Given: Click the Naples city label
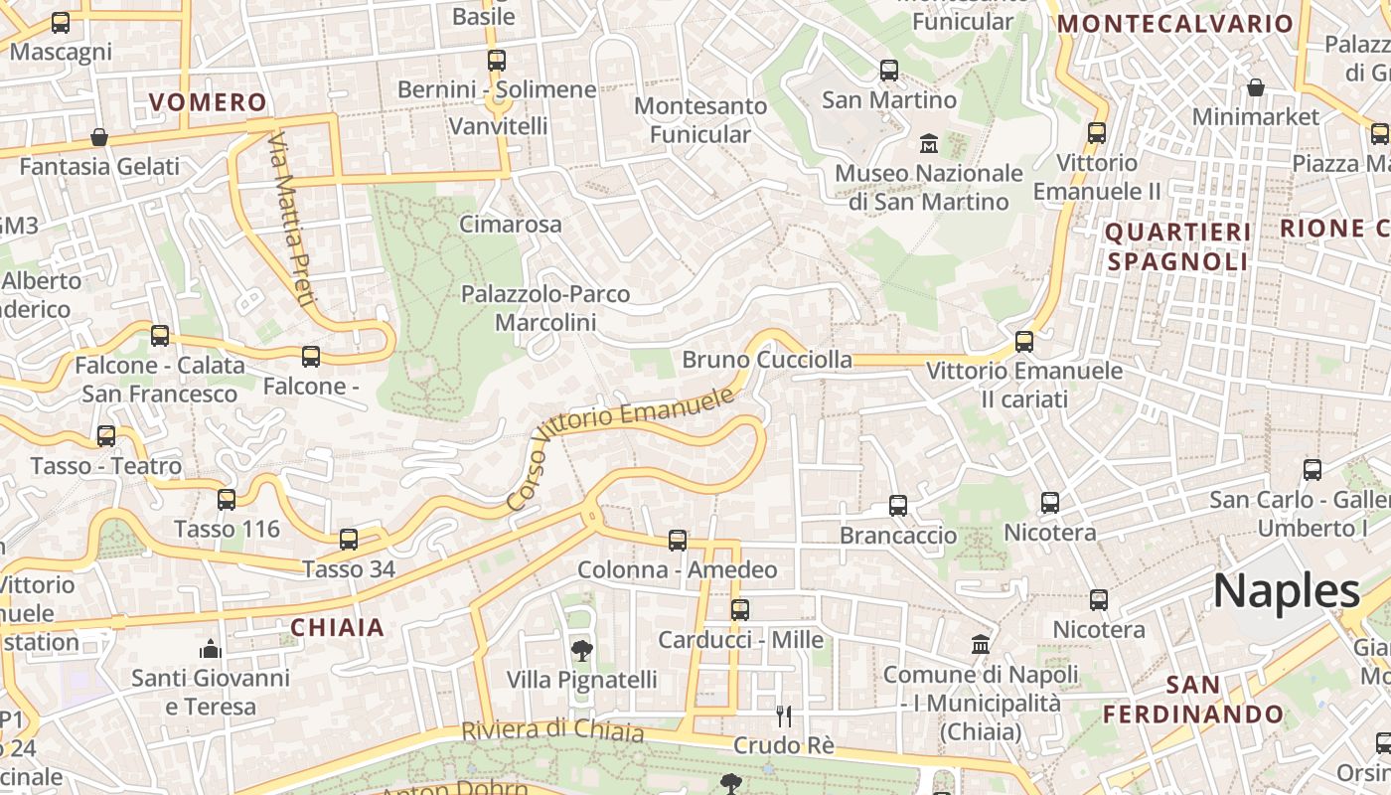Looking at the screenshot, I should pyautogui.click(x=1286, y=591).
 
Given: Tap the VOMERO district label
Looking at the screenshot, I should pyautogui.click(x=208, y=102).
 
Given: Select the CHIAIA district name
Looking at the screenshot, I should pyautogui.click(x=337, y=627).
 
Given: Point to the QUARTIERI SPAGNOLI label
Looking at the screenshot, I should pyautogui.click(x=1177, y=246).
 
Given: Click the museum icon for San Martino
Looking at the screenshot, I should pyautogui.click(x=929, y=143).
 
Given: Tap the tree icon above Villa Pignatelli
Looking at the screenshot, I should pyautogui.click(x=581, y=651).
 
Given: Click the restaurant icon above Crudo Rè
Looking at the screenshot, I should pyautogui.click(x=784, y=715).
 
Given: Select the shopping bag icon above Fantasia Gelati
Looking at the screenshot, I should pyautogui.click(x=99, y=137).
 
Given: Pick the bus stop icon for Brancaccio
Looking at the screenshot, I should pyautogui.click(x=898, y=506).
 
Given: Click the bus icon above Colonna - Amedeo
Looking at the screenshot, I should pyautogui.click(x=677, y=541).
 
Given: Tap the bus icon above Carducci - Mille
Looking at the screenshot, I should pyautogui.click(x=739, y=610).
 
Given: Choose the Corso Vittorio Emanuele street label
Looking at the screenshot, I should pyautogui.click(x=620, y=449).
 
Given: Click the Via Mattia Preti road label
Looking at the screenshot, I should pyautogui.click(x=291, y=218).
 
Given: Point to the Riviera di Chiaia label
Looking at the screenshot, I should pyautogui.click(x=552, y=730).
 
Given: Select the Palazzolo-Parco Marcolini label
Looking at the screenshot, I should pyautogui.click(x=545, y=308).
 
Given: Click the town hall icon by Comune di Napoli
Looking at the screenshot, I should pyautogui.click(x=981, y=644).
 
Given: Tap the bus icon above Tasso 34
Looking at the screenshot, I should pyautogui.click(x=348, y=540).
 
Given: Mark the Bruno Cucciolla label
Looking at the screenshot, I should pyautogui.click(x=767, y=360).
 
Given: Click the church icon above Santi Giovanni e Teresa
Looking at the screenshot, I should pyautogui.click(x=210, y=650).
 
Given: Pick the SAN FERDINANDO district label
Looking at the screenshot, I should pyautogui.click(x=1193, y=700).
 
